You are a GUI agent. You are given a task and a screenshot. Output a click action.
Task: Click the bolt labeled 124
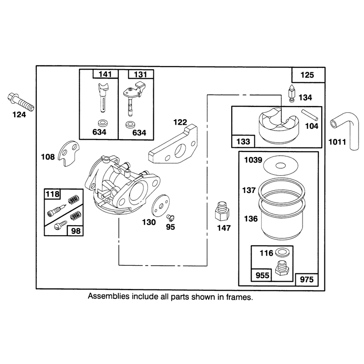click(20, 102)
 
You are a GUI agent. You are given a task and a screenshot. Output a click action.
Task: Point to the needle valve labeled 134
click(291, 93)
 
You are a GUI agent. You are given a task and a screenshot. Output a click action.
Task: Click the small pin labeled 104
click(310, 115)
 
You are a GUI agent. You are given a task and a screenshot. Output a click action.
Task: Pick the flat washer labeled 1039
click(281, 166)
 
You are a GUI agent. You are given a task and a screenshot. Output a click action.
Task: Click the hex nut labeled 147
click(222, 211)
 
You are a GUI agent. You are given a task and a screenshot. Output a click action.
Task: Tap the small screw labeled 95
click(170, 217)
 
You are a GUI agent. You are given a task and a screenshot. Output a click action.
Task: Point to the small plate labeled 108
click(68, 153)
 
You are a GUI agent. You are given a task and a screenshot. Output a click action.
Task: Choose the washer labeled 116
click(281, 253)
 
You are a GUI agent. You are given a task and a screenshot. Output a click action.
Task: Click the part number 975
click(307, 279)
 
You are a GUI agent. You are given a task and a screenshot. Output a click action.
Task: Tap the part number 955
click(262, 275)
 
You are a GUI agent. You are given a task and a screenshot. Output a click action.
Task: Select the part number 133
click(243, 142)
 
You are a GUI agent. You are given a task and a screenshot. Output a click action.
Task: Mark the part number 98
click(76, 231)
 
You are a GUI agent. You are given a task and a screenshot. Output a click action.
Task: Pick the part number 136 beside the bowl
click(251, 219)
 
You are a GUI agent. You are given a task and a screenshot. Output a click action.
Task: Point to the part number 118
click(52, 194)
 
